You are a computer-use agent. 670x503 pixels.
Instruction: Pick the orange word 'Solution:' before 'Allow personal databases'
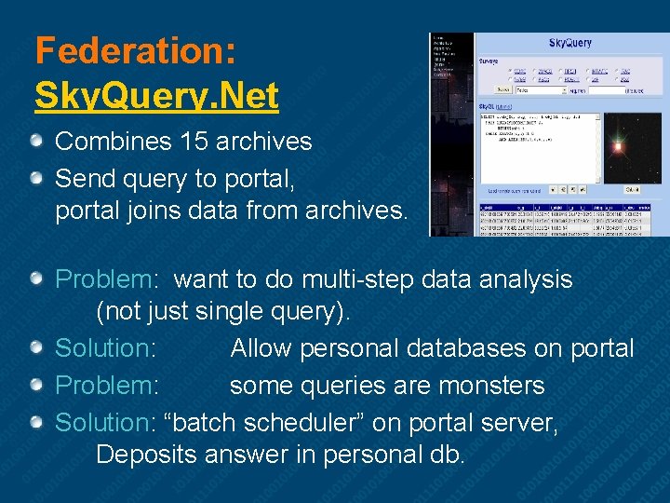coord(105,348)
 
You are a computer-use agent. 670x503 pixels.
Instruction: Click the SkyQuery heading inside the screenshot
coord(570,43)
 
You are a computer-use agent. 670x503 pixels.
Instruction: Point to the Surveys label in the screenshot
coord(489,61)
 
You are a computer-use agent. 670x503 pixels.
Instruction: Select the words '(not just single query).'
coord(223,312)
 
